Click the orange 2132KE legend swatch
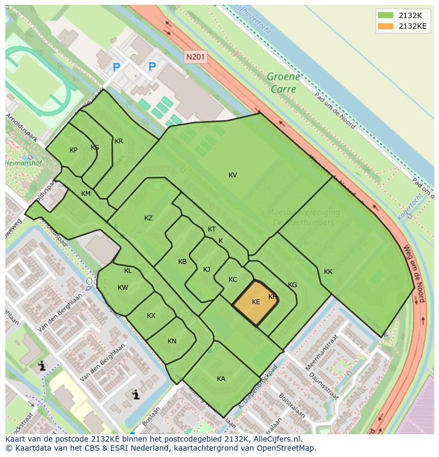click(386, 26)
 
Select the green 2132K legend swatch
click(386, 15)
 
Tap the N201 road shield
click(195, 56)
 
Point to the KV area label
click(233, 175)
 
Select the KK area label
click(328, 272)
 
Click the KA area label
click(221, 378)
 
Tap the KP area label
click(74, 150)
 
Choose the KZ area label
click(148, 218)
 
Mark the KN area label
click(172, 341)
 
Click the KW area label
click(123, 288)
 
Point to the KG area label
click(292, 285)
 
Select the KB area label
click(182, 262)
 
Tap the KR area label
click(119, 141)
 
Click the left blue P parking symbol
click(117, 67)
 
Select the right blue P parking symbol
click(152, 67)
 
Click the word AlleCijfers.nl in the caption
click(275, 439)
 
